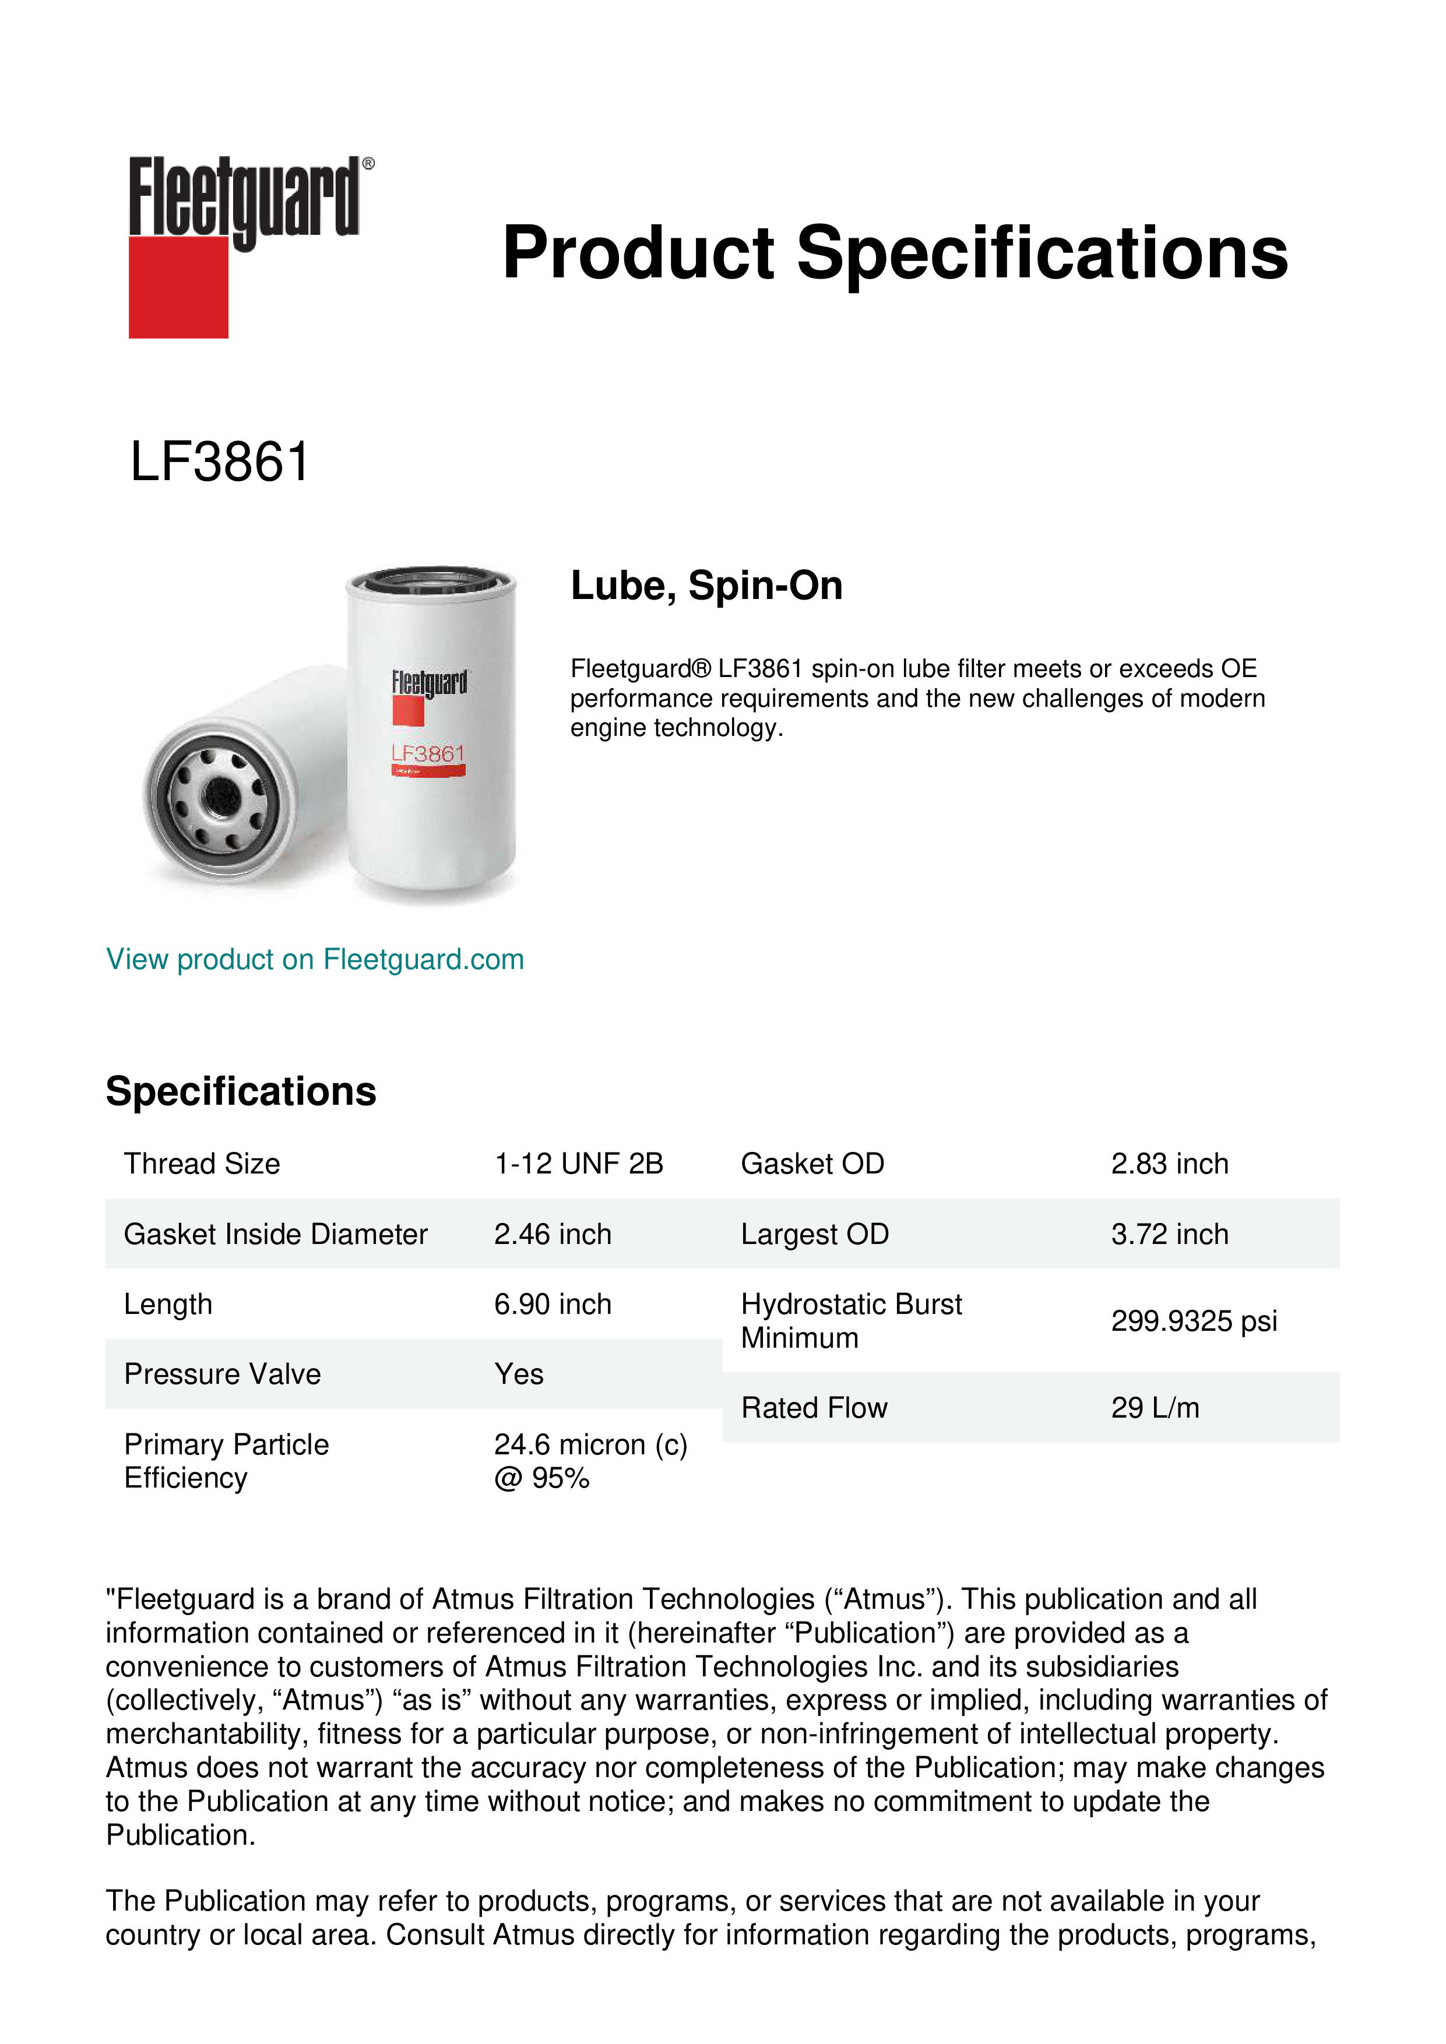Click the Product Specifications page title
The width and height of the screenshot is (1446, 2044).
pos(895,253)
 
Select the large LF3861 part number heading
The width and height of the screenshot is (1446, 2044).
pos(220,462)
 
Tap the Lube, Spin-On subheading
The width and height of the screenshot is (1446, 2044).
pos(706,586)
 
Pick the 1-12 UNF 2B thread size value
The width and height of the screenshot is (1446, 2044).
pos(579,1164)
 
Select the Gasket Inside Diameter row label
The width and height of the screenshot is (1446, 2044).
pos(275,1234)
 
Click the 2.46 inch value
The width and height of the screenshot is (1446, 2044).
pos(553,1234)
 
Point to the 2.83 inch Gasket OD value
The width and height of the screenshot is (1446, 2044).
pos(1169,1164)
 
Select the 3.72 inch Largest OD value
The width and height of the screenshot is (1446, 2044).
pos(1169,1234)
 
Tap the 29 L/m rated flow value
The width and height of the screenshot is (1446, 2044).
pos(1155,1408)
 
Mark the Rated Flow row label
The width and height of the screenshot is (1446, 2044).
pos(814,1408)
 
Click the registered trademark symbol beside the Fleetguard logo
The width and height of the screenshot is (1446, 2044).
pos(368,164)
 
